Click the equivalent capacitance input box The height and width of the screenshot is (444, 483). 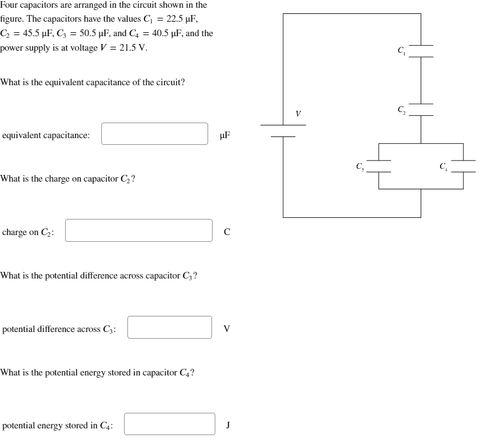coord(155,134)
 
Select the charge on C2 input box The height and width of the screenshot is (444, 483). coord(139,231)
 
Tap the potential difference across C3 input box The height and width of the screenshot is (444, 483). coord(170,328)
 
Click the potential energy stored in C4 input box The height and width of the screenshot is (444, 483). coord(170,424)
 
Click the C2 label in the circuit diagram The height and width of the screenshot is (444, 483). coord(401,109)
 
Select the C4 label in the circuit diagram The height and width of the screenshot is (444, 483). coord(443,165)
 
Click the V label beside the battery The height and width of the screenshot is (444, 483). coord(298,114)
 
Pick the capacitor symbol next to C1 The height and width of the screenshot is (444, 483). coord(421,51)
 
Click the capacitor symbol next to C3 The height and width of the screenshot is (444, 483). coord(378,166)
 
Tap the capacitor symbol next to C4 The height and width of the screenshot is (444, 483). coord(463,166)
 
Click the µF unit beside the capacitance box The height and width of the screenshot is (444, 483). coord(225,134)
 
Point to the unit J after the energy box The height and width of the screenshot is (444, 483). coord(228,425)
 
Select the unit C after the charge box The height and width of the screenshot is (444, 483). coord(226,232)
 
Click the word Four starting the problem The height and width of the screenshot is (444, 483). coord(9,5)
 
